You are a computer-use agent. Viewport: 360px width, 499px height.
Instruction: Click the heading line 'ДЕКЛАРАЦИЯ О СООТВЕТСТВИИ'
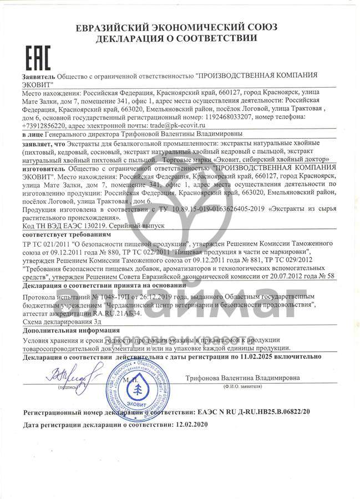(x=176, y=38)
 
